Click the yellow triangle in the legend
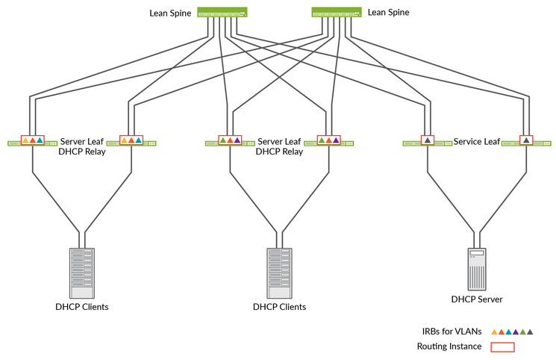(x=493, y=331)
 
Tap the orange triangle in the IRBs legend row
(x=501, y=331)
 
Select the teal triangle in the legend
(x=508, y=331)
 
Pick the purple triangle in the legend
(x=515, y=331)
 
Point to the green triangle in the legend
(x=522, y=331)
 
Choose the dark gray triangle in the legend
(x=530, y=331)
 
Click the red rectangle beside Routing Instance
(x=502, y=347)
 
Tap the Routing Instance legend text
(x=449, y=347)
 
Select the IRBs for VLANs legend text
(x=449, y=331)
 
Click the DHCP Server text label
(x=477, y=300)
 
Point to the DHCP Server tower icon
(x=477, y=269)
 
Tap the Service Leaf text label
(x=477, y=141)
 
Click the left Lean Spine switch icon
(x=222, y=13)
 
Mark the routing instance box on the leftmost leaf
(x=33, y=140)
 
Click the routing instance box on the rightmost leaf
(x=527, y=140)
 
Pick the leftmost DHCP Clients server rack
(x=82, y=273)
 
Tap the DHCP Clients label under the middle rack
(x=279, y=307)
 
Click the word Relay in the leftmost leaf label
(x=93, y=152)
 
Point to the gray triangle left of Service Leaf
(x=428, y=140)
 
